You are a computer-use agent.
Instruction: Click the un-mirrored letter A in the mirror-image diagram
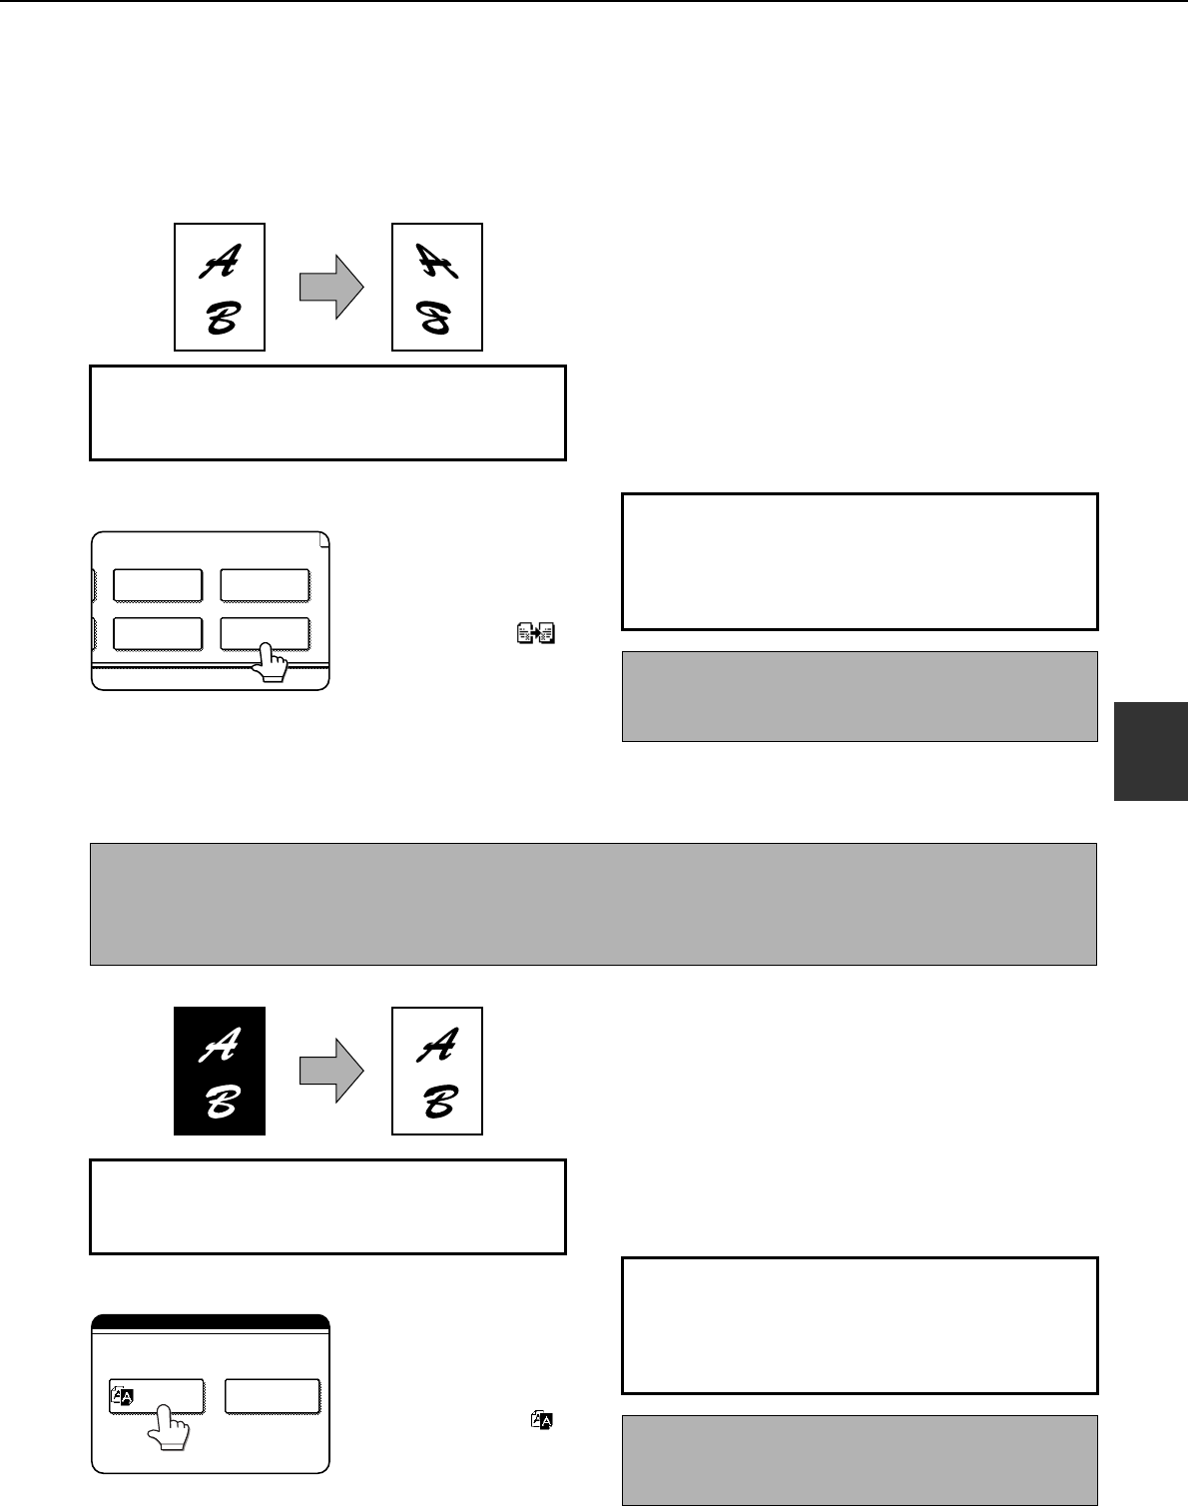(220, 261)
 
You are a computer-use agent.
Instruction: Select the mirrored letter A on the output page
(437, 261)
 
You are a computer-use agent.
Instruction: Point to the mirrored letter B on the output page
(434, 318)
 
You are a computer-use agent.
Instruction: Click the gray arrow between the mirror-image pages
(331, 287)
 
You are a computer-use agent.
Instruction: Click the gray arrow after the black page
(331, 1071)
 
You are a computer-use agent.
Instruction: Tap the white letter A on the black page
(220, 1045)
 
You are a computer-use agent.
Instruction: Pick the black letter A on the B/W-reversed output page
(437, 1045)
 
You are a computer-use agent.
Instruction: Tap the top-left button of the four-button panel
(158, 585)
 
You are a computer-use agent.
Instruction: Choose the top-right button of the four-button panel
(266, 585)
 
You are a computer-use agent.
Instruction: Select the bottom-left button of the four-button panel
(158, 634)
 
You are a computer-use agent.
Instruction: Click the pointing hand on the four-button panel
(271, 662)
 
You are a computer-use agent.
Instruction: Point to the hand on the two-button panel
(169, 1427)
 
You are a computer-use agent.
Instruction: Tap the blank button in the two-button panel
(273, 1396)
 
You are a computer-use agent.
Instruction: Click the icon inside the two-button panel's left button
(122, 1396)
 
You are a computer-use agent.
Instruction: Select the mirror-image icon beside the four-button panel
(536, 633)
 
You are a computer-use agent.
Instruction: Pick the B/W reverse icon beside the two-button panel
(542, 1419)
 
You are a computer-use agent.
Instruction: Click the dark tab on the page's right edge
(1151, 751)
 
